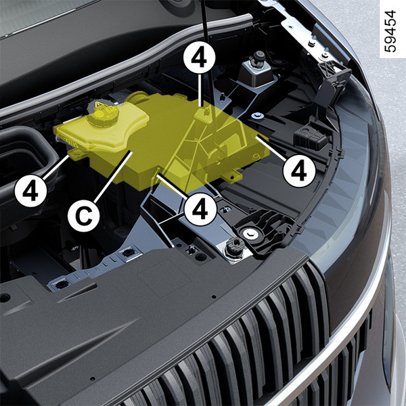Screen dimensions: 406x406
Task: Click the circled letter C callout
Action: (84, 216)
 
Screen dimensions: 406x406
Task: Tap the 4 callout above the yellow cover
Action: (199, 58)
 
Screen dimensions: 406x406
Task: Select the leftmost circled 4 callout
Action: (30, 191)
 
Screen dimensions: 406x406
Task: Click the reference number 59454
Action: (390, 31)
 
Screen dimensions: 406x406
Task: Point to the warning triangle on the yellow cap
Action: (98, 105)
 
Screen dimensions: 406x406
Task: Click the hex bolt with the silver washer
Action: (257, 116)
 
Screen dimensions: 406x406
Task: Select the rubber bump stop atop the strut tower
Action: (258, 58)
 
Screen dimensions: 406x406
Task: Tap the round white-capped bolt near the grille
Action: (250, 234)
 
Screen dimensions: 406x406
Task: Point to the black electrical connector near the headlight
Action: (311, 137)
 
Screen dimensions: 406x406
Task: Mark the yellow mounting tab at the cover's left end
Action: (75, 154)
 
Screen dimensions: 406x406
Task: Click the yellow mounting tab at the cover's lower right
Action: (231, 177)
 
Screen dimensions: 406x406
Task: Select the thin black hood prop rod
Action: (210, 75)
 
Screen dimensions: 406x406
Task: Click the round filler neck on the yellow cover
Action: (137, 98)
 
